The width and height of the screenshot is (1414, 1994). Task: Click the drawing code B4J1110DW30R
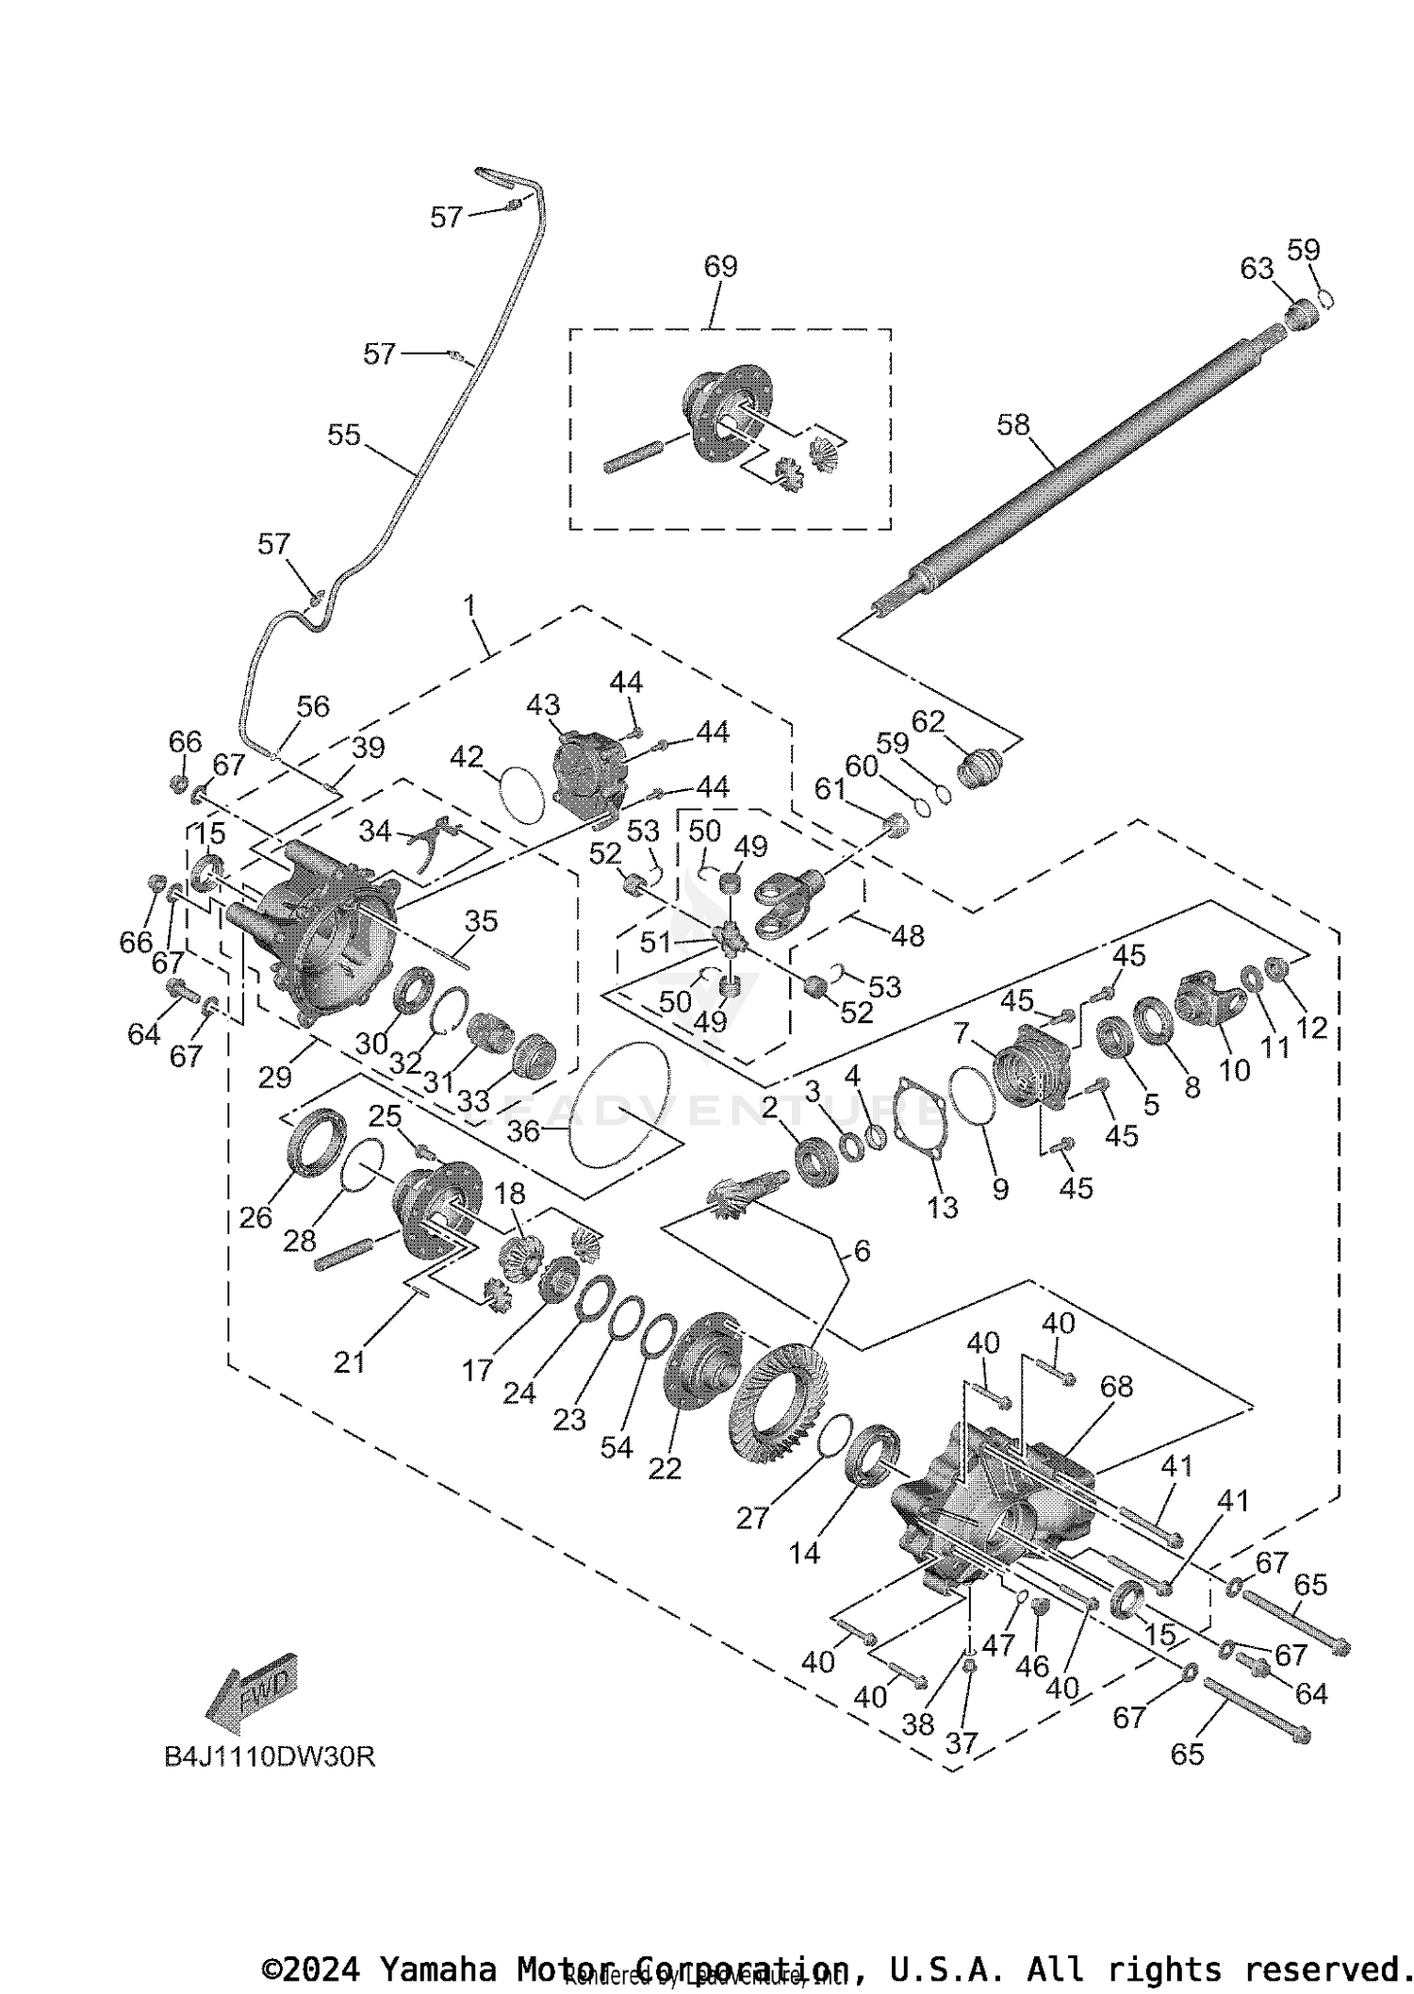point(270,1757)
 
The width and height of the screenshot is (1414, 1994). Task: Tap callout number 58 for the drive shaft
point(1013,424)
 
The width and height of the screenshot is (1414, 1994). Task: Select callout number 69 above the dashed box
point(720,266)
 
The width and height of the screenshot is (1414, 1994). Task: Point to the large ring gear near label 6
point(779,1392)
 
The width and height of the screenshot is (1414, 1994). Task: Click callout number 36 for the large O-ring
point(523,1129)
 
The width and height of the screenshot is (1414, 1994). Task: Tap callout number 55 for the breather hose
point(344,435)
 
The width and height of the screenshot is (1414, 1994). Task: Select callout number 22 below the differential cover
point(665,1468)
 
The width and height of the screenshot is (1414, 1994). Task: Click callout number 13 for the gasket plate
point(942,1208)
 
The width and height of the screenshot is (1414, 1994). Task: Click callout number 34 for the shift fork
point(375,831)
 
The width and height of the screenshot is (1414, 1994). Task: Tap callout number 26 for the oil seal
point(255,1217)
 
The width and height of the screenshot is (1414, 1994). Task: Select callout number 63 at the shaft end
point(1257,269)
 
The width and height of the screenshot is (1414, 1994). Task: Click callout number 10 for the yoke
point(1234,1069)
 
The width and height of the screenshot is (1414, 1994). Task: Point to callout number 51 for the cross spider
point(655,941)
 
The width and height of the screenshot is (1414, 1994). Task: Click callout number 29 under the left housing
point(275,1076)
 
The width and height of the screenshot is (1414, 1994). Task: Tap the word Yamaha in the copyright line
point(437,1969)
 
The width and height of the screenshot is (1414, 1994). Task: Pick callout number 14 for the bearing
point(804,1553)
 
